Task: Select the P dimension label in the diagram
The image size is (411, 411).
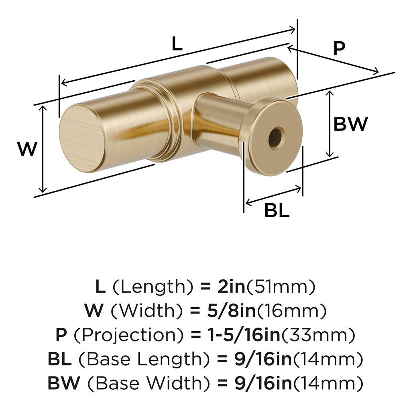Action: pyautogui.click(x=339, y=49)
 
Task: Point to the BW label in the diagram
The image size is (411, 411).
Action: pyautogui.click(x=350, y=124)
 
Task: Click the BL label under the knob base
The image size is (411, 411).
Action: pyautogui.click(x=277, y=210)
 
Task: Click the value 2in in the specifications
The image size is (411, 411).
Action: pyautogui.click(x=228, y=287)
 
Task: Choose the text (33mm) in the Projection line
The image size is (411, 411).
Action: pyautogui.click(x=319, y=334)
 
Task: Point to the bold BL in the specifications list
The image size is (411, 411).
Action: pyautogui.click(x=59, y=359)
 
